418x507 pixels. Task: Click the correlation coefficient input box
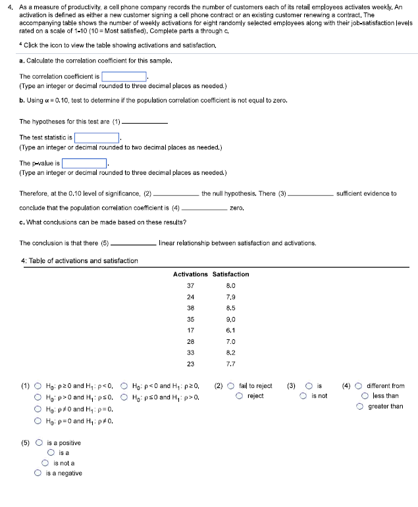(124, 76)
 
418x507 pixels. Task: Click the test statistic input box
(97, 137)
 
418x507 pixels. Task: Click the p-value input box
(84, 162)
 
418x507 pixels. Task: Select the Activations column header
(190, 274)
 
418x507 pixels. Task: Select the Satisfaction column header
(231, 274)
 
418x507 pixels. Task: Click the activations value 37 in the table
(191, 286)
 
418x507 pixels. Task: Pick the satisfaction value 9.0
(231, 318)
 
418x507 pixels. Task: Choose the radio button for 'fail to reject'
(231, 386)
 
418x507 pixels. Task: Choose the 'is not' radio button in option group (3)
(303, 397)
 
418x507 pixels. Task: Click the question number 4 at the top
(8, 5)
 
